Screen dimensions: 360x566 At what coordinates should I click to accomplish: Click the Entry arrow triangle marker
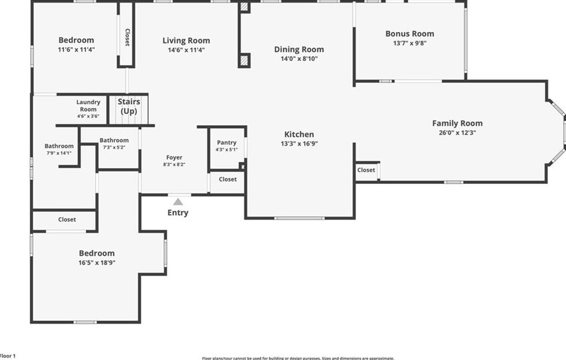pos(178,201)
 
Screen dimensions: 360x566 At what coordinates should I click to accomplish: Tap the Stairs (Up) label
pos(129,106)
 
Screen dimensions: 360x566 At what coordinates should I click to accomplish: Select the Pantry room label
pos(227,143)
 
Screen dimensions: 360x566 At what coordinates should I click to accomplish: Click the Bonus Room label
pos(410,34)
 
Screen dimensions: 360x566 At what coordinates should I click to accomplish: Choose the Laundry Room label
pos(88,106)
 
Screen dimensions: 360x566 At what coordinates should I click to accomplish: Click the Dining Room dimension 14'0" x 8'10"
pos(299,59)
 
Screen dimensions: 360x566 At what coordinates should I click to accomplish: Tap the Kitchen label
pos(299,134)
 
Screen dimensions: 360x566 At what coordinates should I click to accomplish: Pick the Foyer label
pos(174,158)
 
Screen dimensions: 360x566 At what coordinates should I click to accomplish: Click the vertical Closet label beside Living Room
pos(126,38)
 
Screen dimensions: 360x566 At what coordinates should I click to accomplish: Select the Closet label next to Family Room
pos(366,170)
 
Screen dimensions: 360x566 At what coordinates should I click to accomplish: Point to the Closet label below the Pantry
pos(227,179)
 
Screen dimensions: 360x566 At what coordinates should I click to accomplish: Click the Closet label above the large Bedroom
pos(67,220)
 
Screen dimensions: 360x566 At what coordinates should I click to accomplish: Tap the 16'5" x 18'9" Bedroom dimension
pos(97,263)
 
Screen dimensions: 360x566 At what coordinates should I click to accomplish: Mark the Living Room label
pos(186,41)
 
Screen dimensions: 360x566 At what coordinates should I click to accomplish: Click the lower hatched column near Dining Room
pos(244,61)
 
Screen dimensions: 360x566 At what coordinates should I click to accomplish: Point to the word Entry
pos(178,213)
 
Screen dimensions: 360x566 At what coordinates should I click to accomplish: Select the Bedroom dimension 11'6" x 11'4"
pos(76,50)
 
